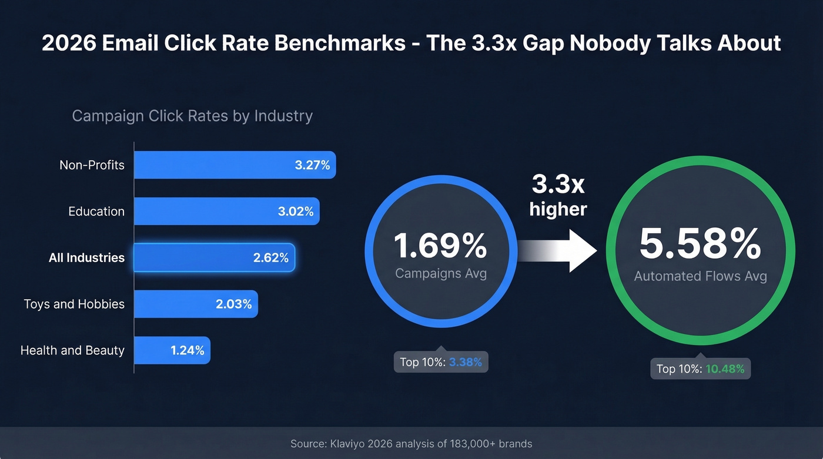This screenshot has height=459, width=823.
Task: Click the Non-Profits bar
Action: pyautogui.click(x=235, y=165)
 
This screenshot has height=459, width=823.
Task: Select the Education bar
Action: pyautogui.click(x=226, y=212)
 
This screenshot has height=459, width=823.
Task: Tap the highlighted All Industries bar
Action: pyautogui.click(x=214, y=258)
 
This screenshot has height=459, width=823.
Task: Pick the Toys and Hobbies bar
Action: pyautogui.click(x=196, y=304)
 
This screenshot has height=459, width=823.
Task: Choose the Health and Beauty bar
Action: pyautogui.click(x=172, y=350)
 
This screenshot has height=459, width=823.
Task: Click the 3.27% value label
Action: pyautogui.click(x=312, y=165)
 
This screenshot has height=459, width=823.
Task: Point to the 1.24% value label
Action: pyautogui.click(x=188, y=350)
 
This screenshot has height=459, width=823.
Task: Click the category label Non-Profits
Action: pyautogui.click(x=92, y=165)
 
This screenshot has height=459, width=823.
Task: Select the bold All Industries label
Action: pyautogui.click(x=86, y=258)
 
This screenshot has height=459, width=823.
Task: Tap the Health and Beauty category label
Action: pyautogui.click(x=72, y=350)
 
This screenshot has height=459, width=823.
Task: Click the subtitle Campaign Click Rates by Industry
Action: pyautogui.click(x=192, y=116)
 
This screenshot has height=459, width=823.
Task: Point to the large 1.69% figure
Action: pyautogui.click(x=440, y=246)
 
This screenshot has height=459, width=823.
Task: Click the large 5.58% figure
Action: pyautogui.click(x=700, y=244)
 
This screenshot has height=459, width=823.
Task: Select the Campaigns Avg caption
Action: pyautogui.click(x=441, y=273)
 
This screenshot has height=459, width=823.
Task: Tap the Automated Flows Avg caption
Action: pyautogui.click(x=700, y=276)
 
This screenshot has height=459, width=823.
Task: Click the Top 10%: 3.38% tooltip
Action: pyautogui.click(x=441, y=362)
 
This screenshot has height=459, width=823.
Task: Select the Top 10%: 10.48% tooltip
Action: pyautogui.click(x=700, y=369)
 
